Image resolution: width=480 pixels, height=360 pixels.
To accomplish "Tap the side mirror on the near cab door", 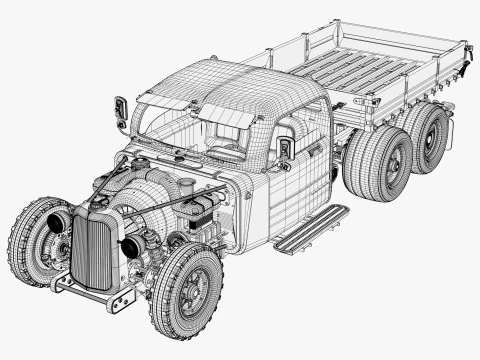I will coord(287,147).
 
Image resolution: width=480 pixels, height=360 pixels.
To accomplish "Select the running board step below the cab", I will coord(311,228).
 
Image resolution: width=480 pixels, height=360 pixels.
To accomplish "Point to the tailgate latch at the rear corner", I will coord(465,73).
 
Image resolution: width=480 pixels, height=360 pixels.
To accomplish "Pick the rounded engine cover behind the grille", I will coord(150,190).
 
